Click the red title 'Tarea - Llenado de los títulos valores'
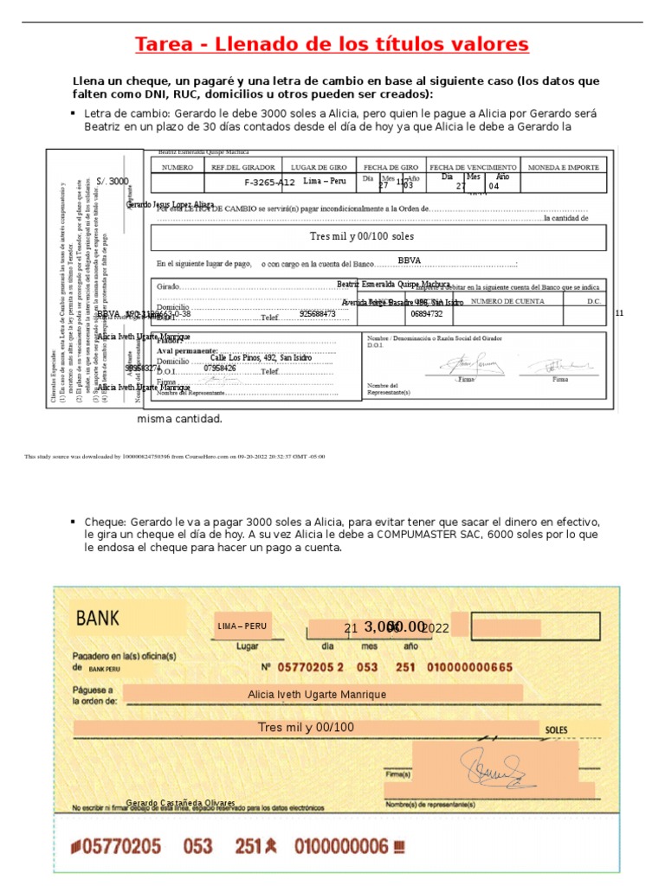332,44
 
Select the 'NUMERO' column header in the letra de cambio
178,166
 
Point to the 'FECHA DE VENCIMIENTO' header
474,166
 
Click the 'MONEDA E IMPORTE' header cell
564,166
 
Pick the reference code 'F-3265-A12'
269,183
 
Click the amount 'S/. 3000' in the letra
113,182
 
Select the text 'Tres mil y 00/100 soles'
362,236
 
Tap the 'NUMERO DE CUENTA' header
507,301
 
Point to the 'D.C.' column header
594,301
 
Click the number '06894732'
427,314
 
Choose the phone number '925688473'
318,314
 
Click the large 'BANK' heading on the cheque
98,619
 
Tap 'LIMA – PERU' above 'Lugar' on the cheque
242,626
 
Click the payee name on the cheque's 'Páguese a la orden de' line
317,694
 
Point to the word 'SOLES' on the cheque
557,730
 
